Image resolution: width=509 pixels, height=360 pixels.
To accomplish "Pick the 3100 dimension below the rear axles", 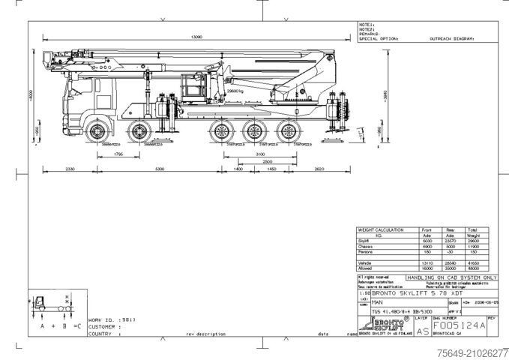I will (x=259, y=154).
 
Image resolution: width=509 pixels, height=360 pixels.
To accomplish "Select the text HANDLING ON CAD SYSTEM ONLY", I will (x=449, y=277).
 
